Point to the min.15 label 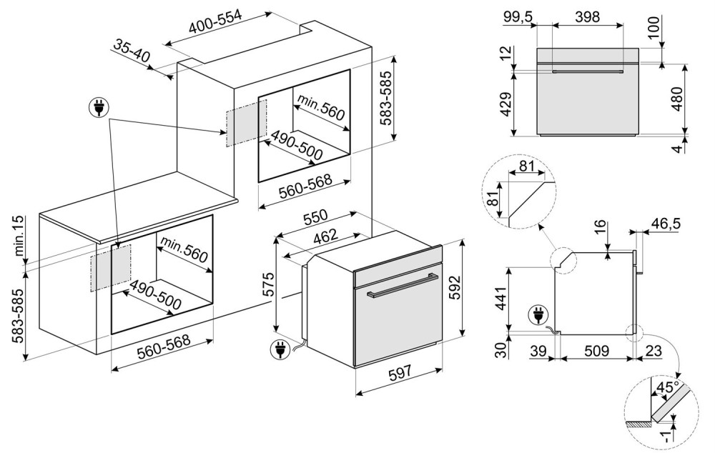(x=19, y=240)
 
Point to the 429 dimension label (x=506, y=104)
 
